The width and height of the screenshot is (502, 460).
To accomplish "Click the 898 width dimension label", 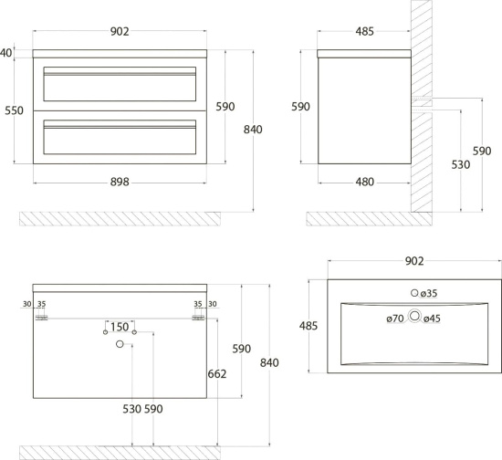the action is (120, 182).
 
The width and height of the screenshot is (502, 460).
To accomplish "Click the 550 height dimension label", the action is (14, 110).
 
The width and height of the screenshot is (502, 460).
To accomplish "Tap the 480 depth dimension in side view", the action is (365, 182).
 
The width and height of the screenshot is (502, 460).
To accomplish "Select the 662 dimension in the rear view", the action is (217, 373).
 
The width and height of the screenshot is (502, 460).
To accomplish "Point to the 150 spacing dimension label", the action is (120, 327).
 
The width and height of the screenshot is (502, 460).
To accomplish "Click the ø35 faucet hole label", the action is (429, 293).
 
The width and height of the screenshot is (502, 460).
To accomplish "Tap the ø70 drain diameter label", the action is (395, 319).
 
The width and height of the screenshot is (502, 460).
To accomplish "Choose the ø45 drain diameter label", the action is (433, 319).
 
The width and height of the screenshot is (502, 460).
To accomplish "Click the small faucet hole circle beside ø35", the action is (414, 293).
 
